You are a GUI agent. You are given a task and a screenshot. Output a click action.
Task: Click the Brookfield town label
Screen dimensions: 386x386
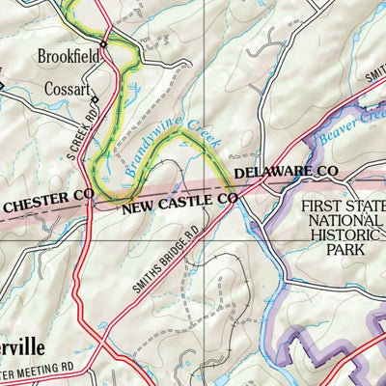(69, 57)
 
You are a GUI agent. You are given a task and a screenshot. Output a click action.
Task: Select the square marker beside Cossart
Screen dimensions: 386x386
(94, 96)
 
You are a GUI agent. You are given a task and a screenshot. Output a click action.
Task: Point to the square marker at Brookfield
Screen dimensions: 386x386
(104, 43)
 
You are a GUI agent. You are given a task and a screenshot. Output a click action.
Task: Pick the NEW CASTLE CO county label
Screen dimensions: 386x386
(179, 201)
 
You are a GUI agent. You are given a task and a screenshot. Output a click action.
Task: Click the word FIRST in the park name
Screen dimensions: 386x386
(324, 207)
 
